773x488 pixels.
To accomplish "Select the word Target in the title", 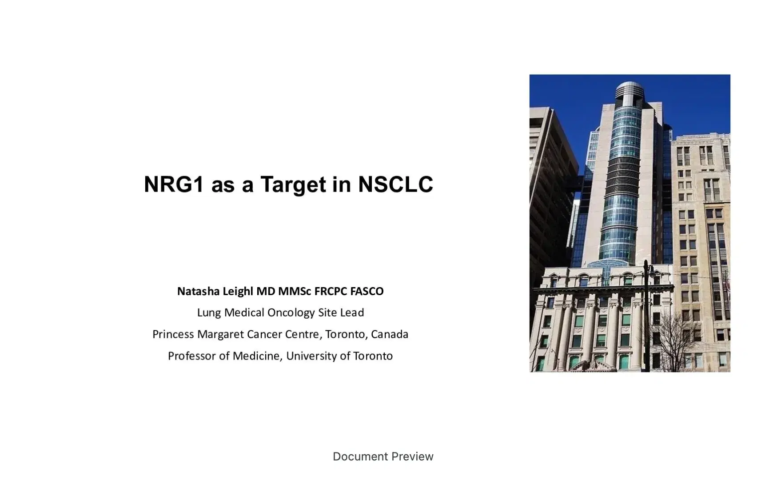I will (x=293, y=184).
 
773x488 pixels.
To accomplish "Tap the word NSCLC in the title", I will (x=395, y=184).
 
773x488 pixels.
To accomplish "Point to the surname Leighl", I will (x=238, y=291).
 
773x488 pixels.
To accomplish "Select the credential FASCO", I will (x=367, y=291).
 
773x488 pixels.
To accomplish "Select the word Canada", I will (x=389, y=334).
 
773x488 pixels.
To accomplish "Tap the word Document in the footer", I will (x=360, y=456).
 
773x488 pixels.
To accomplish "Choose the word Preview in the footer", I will (x=412, y=456).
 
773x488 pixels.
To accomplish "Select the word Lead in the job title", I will (x=352, y=312).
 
